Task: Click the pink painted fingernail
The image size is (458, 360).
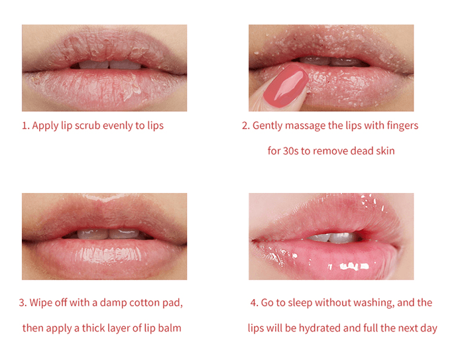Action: (x=286, y=86)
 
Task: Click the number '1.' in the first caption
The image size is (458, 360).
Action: (x=26, y=126)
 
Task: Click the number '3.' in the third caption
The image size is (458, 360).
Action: (x=23, y=303)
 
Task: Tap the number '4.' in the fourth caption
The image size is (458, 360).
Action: (x=255, y=303)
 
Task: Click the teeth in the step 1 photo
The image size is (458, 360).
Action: (x=109, y=64)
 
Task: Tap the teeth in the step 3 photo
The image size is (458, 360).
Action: (x=108, y=234)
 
